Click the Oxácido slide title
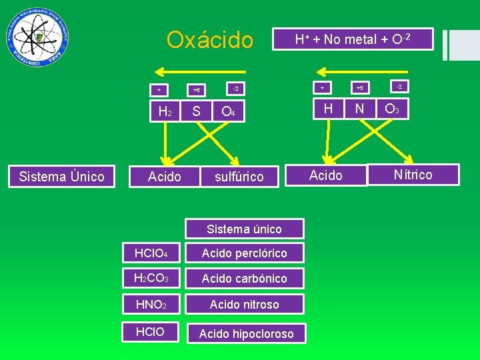point(210,40)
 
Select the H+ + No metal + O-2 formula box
point(353,39)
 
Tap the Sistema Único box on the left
point(61,176)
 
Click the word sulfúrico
point(239,177)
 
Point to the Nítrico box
point(413,175)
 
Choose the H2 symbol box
point(164,111)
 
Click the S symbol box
point(196,111)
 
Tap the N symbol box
point(359,108)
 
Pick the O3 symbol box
point(392,108)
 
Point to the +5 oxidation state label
point(359,87)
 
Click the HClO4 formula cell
point(151,253)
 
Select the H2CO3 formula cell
point(151,278)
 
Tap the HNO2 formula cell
point(151,304)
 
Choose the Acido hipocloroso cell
point(246,333)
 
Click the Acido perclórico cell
point(245,253)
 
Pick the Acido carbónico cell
point(245,278)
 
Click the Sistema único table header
point(244,229)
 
